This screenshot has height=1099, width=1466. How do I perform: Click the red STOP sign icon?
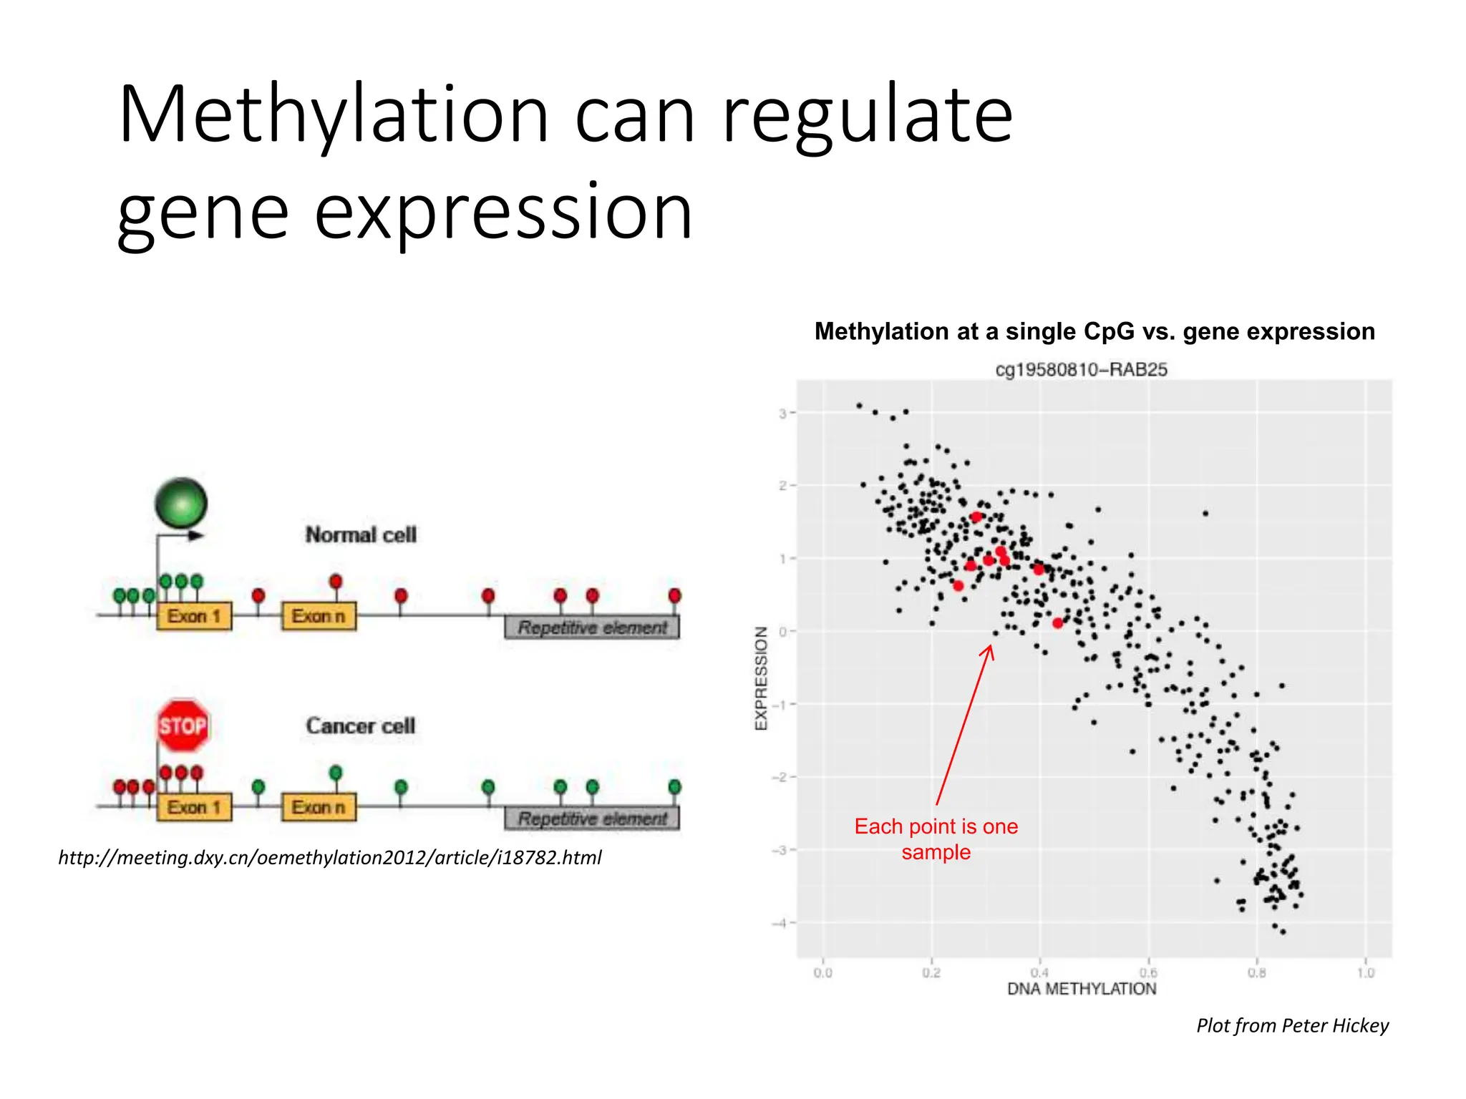[x=183, y=726]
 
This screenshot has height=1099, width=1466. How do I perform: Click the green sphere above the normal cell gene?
[x=181, y=502]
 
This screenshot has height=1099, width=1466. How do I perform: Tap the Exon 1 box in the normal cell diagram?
[x=194, y=616]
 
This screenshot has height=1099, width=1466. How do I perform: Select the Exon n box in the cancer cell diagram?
[x=319, y=807]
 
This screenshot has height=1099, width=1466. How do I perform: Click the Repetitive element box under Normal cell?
[x=592, y=627]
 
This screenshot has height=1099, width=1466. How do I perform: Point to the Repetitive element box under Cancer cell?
[x=592, y=819]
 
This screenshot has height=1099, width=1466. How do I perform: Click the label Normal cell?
[x=361, y=534]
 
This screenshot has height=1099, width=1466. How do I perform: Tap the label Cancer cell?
[x=361, y=726]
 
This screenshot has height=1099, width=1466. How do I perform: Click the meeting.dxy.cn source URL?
[x=330, y=857]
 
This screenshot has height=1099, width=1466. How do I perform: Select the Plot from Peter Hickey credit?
[x=1292, y=1025]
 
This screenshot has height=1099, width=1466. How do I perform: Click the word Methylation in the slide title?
[x=334, y=114]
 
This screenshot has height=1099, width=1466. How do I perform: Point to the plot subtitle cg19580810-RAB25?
[x=1081, y=370]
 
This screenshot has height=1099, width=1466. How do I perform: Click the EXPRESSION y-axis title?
[x=761, y=678]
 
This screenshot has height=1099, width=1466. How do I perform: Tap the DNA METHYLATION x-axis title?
[x=1081, y=989]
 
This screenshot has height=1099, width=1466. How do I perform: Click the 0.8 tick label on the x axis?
[x=1256, y=973]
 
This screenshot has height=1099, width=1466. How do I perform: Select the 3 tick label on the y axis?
[x=783, y=414]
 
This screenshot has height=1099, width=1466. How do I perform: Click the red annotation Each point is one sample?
[x=936, y=839]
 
